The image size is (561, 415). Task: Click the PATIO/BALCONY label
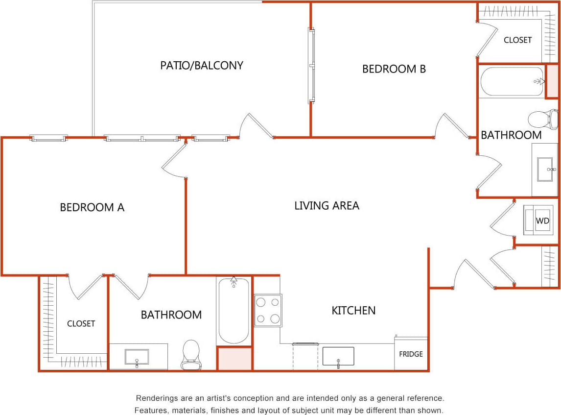pos(202,65)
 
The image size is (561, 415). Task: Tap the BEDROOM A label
pos(92,207)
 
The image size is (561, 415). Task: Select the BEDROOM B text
pos(394,69)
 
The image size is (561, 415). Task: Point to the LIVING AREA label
pos(327,205)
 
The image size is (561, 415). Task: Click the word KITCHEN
pos(353,310)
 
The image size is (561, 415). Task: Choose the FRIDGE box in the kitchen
pos(411,354)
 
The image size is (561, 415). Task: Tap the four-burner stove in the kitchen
pos(268,310)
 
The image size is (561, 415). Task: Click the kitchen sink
pos(338,356)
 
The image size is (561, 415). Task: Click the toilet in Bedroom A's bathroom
pos(191,354)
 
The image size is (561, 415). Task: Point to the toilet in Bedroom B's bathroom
pos(542,119)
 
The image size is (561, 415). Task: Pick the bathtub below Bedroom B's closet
pos(512,81)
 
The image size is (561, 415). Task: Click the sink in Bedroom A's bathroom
pos(137,357)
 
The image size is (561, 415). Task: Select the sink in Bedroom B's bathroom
pos(545,169)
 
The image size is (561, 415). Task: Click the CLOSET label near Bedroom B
pos(517,40)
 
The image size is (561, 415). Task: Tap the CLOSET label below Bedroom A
pos(81,323)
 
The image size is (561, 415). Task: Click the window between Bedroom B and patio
pos(311,65)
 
